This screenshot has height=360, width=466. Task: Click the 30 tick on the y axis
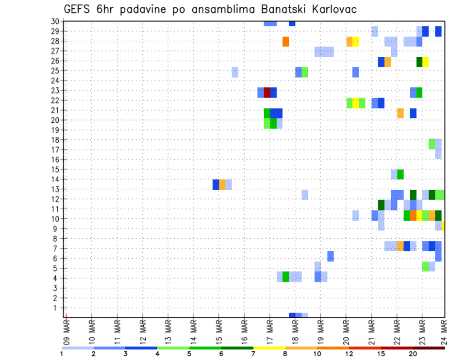tap(55, 21)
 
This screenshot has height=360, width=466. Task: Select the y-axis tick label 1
tap(57, 308)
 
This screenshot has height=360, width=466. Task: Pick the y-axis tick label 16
tap(55, 160)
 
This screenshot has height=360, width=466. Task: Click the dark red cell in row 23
tap(267, 93)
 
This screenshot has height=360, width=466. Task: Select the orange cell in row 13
tap(222, 184)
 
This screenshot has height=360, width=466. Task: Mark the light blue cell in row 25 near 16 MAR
tap(235, 72)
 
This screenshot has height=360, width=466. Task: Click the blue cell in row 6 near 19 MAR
tap(331, 256)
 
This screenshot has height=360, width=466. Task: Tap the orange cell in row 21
tap(400, 113)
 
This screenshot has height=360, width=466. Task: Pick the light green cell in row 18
tap(432, 144)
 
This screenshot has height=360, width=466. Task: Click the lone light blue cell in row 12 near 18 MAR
tap(305, 195)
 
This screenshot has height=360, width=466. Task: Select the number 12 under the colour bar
tap(349, 354)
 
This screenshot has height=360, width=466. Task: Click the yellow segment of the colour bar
tap(269, 348)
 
